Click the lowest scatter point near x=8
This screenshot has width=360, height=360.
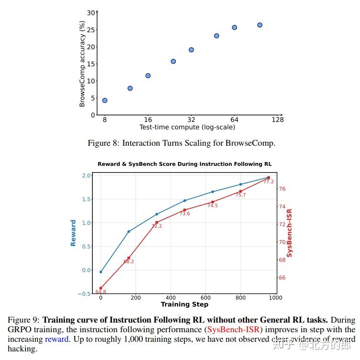105,101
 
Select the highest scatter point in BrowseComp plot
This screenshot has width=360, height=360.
259,25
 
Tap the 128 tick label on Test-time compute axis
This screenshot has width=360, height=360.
278,120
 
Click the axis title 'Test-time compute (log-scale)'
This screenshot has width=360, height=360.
187,128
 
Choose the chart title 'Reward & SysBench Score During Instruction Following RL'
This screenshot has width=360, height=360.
184,164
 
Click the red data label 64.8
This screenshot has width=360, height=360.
101,292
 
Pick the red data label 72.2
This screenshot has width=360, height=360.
157,226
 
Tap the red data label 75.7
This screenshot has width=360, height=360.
240,195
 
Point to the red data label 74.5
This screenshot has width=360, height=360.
213,206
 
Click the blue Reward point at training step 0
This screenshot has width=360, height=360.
101,272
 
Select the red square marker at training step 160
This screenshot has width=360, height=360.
129,258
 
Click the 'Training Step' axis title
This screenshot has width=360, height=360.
184,304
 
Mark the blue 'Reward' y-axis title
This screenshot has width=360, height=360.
73,233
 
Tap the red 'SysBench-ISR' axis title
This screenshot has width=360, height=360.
290,233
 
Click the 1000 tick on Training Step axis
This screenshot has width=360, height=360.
275,298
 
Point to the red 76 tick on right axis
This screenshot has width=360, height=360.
282,189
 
